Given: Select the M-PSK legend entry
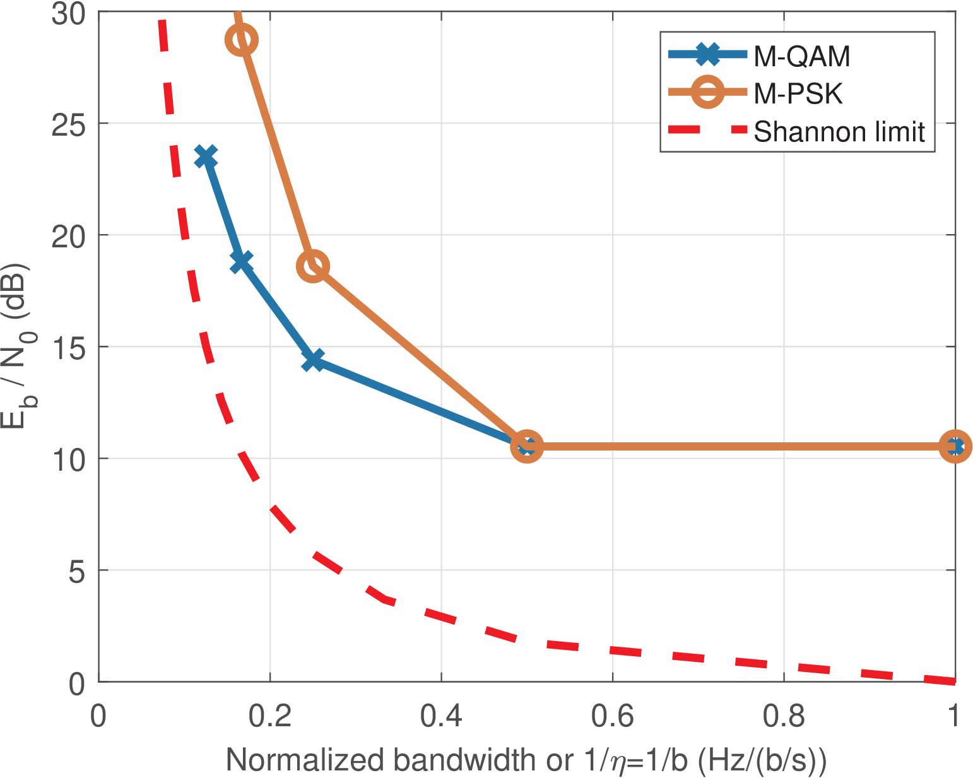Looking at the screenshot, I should pos(798,94).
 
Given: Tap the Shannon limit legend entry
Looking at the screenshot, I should pos(839,131).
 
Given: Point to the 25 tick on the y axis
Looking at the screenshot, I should pos(68,124).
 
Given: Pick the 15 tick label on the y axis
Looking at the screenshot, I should pos(68,347).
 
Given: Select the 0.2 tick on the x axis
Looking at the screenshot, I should pos(270,717).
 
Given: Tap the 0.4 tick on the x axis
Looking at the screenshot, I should pos(441,717).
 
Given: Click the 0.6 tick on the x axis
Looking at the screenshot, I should pos(613,717).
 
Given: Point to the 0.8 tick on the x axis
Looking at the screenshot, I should pos(784,717).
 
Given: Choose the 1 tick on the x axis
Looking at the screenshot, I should pos(954,717).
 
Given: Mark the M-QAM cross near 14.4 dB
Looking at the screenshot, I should pos(313,360).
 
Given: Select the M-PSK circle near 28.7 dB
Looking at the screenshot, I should pos(241,40).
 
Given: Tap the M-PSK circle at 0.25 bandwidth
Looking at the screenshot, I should pos(313,266).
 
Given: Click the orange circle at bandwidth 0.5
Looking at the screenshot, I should pos(527,447).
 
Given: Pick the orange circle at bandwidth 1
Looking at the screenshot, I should pos(955,447).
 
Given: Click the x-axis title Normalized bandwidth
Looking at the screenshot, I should pos(526,760).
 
